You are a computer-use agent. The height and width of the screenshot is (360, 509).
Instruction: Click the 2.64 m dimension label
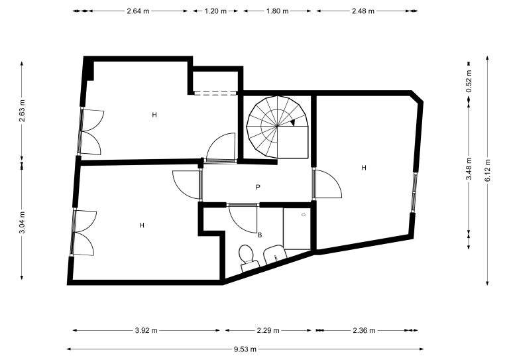click(138, 11)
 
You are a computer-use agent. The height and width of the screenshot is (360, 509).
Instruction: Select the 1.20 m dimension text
click(215, 11)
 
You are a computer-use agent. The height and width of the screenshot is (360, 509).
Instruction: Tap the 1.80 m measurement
click(277, 11)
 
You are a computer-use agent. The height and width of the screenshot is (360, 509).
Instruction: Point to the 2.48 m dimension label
click(363, 11)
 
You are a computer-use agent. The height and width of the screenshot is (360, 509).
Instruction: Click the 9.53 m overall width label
click(245, 349)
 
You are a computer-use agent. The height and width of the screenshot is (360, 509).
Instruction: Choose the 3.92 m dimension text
click(146, 330)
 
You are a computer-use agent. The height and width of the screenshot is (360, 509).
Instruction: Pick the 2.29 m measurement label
click(268, 330)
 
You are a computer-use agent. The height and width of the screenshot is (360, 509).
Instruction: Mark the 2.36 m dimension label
click(364, 330)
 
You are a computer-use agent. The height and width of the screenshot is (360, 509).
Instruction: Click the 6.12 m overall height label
click(488, 171)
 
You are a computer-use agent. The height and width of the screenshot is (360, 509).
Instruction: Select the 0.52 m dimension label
click(469, 81)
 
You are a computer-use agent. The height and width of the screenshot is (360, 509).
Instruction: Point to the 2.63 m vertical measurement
click(22, 110)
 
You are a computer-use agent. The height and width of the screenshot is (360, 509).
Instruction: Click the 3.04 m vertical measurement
click(22, 222)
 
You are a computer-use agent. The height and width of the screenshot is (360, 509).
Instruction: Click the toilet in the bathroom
click(248, 258)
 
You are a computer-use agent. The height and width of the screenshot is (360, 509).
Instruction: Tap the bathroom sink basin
click(275, 255)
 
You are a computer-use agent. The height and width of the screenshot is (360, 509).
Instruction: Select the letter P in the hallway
click(258, 188)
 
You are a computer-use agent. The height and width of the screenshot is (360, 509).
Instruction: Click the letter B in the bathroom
click(260, 235)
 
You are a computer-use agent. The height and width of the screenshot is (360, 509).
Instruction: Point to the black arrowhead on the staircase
click(292, 123)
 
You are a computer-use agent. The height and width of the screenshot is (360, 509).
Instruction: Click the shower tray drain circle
click(303, 215)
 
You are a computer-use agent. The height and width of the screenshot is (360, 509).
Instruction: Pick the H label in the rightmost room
click(364, 168)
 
